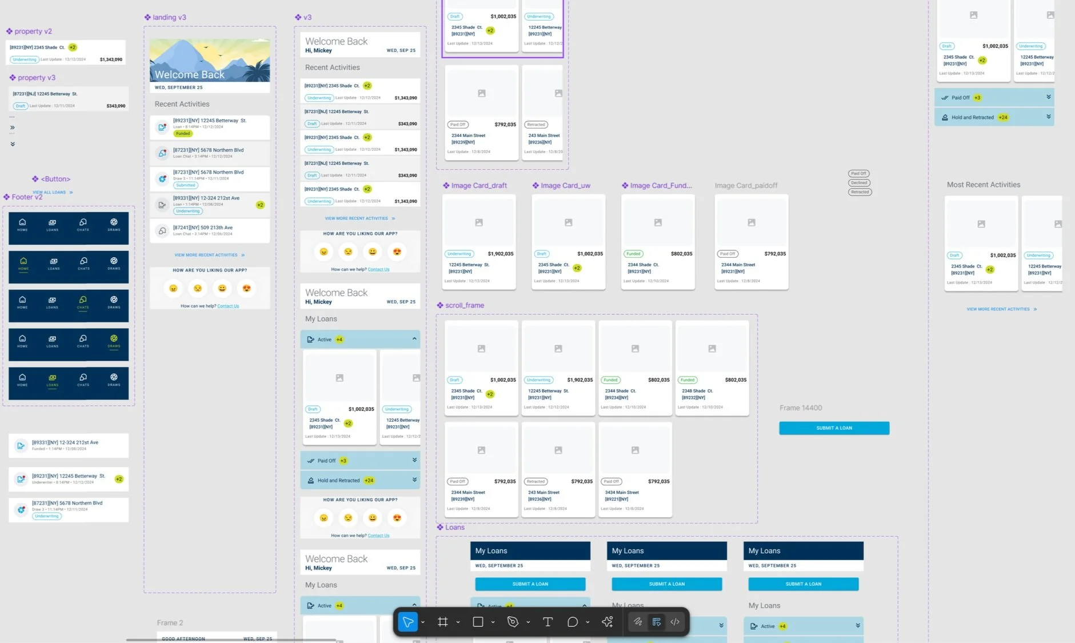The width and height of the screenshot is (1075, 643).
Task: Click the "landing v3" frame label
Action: click(169, 17)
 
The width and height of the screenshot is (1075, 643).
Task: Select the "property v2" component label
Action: click(33, 31)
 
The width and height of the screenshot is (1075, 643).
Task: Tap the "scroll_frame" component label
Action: click(464, 305)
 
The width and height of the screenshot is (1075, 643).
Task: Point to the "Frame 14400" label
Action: click(800, 408)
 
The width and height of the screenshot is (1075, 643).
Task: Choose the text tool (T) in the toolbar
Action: click(547, 622)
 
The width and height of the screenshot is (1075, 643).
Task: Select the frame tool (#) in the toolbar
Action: click(442, 622)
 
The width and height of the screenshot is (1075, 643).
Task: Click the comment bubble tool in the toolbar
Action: click(572, 622)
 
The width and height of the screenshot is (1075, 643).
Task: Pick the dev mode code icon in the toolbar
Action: click(675, 622)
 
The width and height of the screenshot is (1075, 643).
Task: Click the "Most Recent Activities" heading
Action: click(983, 185)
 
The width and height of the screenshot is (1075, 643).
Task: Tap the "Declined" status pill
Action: click(859, 183)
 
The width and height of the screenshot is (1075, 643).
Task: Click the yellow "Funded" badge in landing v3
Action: click(183, 134)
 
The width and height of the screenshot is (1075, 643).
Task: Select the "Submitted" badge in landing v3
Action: click(185, 185)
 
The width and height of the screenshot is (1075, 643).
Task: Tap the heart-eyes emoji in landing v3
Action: click(246, 289)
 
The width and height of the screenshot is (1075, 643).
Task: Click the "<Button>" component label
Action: click(55, 179)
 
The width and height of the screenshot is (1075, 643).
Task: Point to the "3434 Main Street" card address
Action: click(622, 492)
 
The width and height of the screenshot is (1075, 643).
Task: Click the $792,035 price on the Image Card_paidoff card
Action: click(774, 254)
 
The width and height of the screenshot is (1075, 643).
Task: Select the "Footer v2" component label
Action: click(27, 197)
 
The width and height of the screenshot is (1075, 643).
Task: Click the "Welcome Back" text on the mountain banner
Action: click(189, 74)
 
